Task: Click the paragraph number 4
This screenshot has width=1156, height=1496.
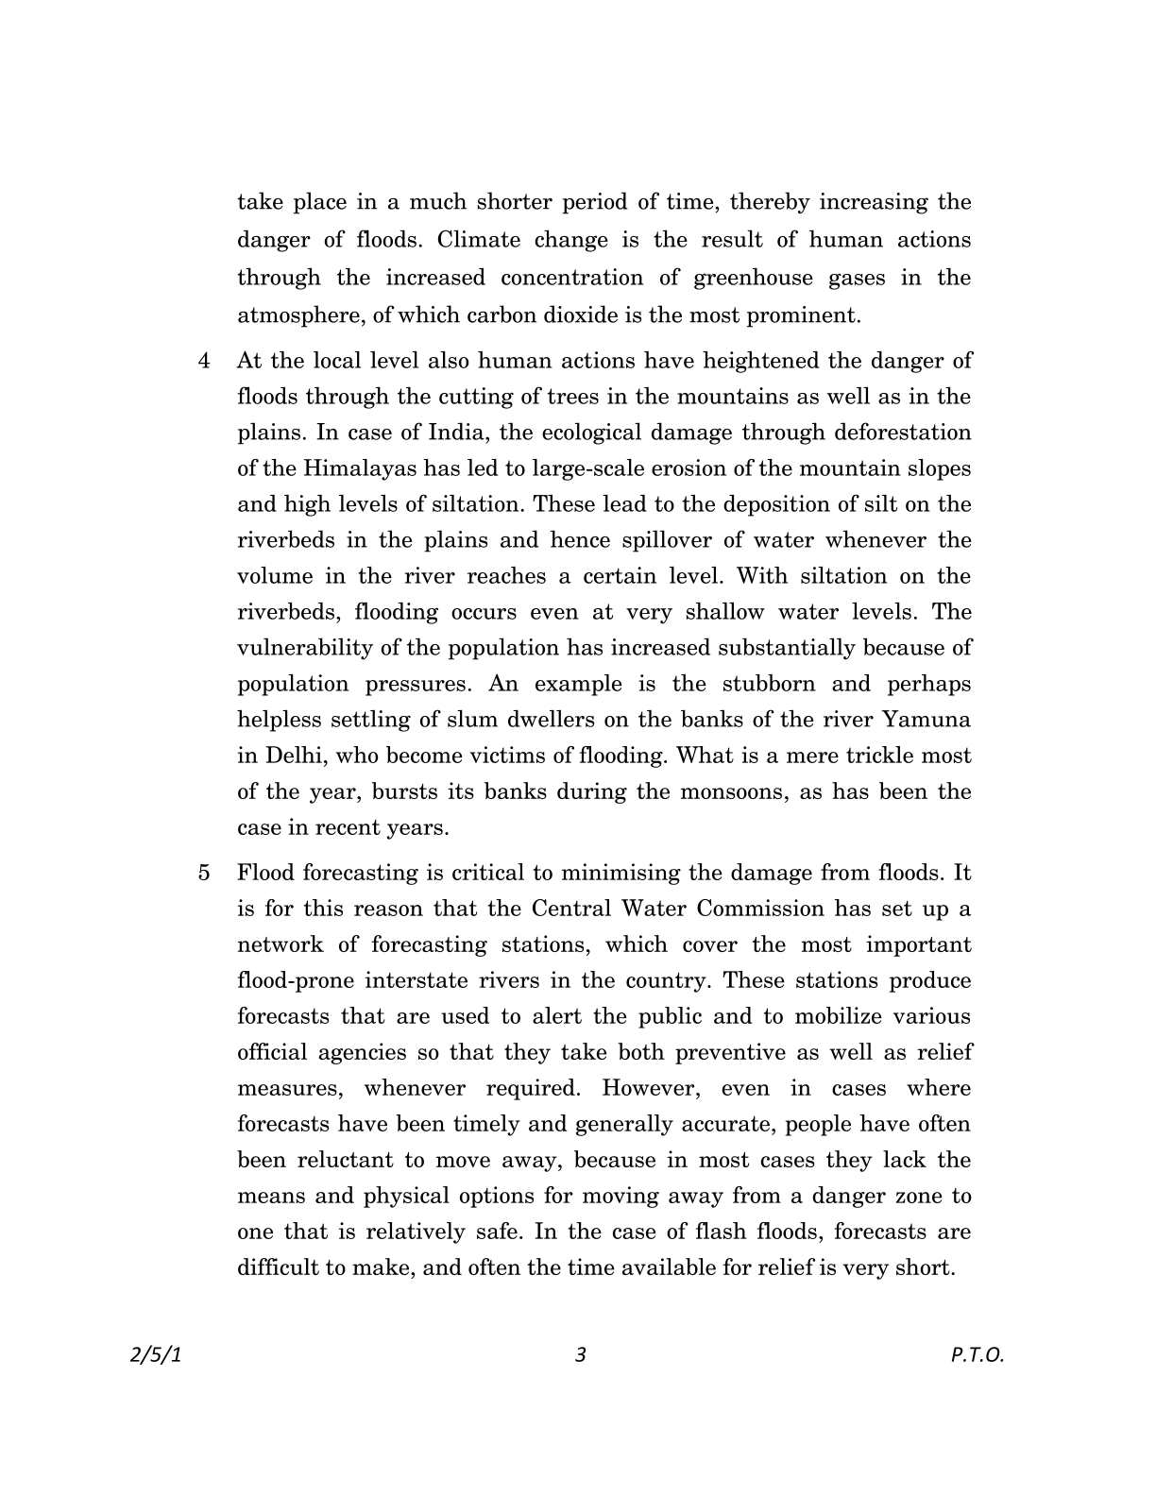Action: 204,361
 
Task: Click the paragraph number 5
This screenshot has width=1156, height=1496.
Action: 204,873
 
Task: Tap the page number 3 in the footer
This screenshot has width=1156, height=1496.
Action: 580,1355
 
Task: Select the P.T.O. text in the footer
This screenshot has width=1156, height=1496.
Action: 977,1355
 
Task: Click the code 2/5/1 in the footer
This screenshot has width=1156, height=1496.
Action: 154,1355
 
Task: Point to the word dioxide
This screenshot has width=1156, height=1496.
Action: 586,314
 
